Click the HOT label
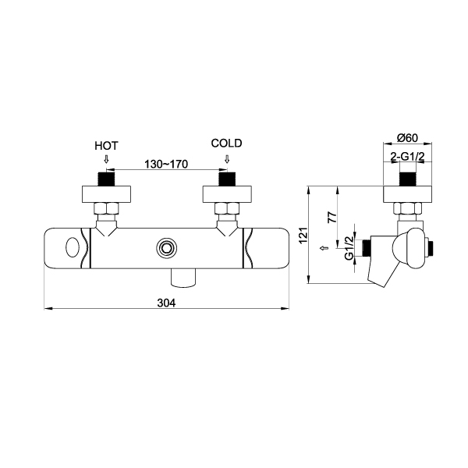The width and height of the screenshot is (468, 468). pyautogui.click(x=106, y=146)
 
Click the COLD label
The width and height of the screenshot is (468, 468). pyautogui.click(x=226, y=144)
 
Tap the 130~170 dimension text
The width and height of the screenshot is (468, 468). pyautogui.click(x=166, y=164)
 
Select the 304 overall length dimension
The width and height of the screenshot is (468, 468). pyautogui.click(x=167, y=303)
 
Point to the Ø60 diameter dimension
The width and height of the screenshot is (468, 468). pyautogui.click(x=407, y=138)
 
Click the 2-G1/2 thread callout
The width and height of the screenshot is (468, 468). pyautogui.click(x=407, y=157)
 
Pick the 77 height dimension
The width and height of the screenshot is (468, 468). pyautogui.click(x=332, y=217)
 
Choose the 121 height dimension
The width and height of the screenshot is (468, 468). pyautogui.click(x=303, y=236)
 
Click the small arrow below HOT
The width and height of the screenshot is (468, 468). pyautogui.click(x=106, y=159)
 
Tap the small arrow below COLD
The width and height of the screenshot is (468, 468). pyautogui.click(x=227, y=159)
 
